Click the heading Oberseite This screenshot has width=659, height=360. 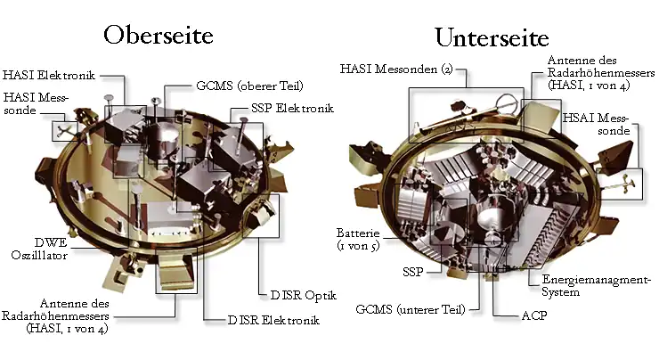pyautogui.click(x=159, y=35)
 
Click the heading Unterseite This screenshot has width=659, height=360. pyautogui.click(x=492, y=37)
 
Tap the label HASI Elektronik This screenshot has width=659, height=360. pyautogui.click(x=49, y=75)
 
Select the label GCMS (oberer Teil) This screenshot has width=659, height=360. pyautogui.click(x=249, y=86)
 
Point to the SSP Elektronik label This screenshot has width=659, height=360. pyautogui.click(x=292, y=108)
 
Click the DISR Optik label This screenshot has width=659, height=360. pyautogui.click(x=303, y=295)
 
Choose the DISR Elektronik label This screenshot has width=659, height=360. pyautogui.click(x=273, y=320)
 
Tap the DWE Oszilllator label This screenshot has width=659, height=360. pyautogui.click(x=39, y=249)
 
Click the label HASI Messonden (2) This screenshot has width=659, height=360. pyautogui.click(x=396, y=69)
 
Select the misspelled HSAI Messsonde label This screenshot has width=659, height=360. pyautogui.click(x=596, y=124)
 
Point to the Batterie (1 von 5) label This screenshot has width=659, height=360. pyautogui.click(x=358, y=240)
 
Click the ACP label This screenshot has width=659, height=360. pyautogui.click(x=534, y=315)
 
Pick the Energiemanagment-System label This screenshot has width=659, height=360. pyautogui.click(x=596, y=285)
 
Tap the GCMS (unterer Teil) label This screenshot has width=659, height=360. pyautogui.click(x=411, y=309)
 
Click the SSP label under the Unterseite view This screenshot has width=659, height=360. pyautogui.click(x=412, y=272)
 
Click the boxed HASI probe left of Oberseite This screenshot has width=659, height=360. pyautogui.click(x=65, y=131)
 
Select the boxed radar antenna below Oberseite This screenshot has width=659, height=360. pyautogui.click(x=176, y=270)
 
